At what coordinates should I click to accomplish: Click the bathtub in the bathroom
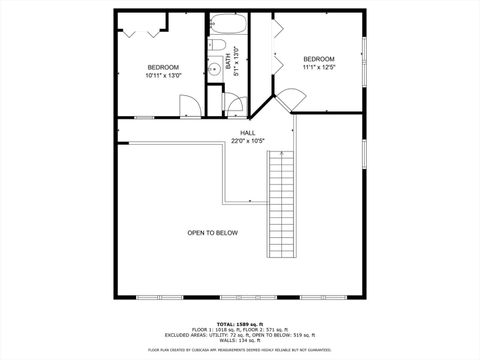(x=222, y=26)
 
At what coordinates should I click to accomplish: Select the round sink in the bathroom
(x=214, y=69)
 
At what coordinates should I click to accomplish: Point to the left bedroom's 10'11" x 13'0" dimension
(x=163, y=75)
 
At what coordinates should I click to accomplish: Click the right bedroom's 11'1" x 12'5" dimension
(x=319, y=67)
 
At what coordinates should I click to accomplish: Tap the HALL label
(x=247, y=132)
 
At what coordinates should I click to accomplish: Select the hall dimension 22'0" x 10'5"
(x=247, y=140)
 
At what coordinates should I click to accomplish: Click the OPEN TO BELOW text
(x=212, y=233)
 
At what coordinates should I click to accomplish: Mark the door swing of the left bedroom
(x=188, y=105)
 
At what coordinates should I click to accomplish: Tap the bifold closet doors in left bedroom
(x=141, y=33)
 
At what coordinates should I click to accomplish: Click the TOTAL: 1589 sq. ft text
(x=239, y=324)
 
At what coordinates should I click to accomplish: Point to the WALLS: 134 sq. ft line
(x=239, y=339)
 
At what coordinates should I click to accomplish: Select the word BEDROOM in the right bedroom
(x=319, y=59)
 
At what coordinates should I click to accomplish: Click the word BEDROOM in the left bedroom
(x=163, y=67)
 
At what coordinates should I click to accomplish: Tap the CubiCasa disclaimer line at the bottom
(x=239, y=350)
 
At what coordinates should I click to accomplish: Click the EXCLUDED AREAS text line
(x=239, y=334)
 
